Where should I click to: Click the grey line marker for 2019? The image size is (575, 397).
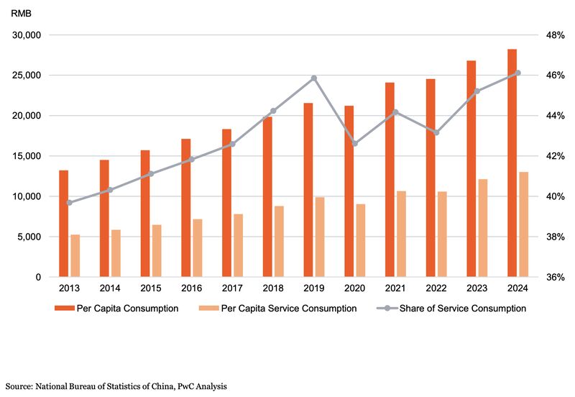pos(314,78)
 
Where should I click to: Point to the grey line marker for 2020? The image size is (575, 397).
pos(355,144)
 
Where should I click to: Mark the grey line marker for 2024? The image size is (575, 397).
pos(518,73)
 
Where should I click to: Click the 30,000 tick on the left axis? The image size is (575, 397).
pos(29,35)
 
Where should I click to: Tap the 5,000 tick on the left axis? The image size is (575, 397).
pos(32,237)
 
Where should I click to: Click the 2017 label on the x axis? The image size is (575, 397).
pos(232,288)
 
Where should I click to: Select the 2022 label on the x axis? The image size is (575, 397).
pos(436,288)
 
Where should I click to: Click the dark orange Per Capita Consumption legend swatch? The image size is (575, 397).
pos(65,309)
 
